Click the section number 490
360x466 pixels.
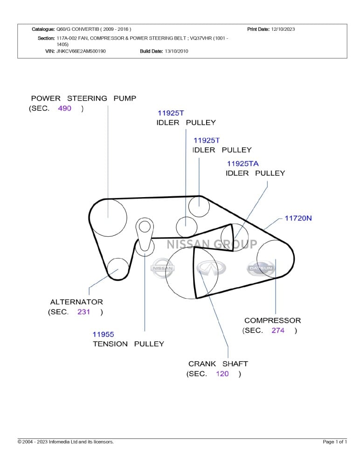coord(64,109)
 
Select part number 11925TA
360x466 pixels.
coord(242,164)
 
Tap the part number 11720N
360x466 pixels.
coord(298,218)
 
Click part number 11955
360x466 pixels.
coord(103,334)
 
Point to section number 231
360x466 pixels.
coord(83,312)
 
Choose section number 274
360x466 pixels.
coord(277,330)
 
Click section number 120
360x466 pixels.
coord(222,374)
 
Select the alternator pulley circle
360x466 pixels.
coord(118,269)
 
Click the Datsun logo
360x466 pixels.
coord(261,268)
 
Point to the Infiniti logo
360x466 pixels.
coord(211,268)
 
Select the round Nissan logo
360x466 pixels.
coord(162,268)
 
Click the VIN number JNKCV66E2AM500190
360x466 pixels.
coord(81,51)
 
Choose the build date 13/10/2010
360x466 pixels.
coord(176,51)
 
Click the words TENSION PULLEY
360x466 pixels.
coord(128,344)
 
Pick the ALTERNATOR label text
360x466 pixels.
coord(76,302)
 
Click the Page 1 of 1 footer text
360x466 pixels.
coord(335,442)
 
